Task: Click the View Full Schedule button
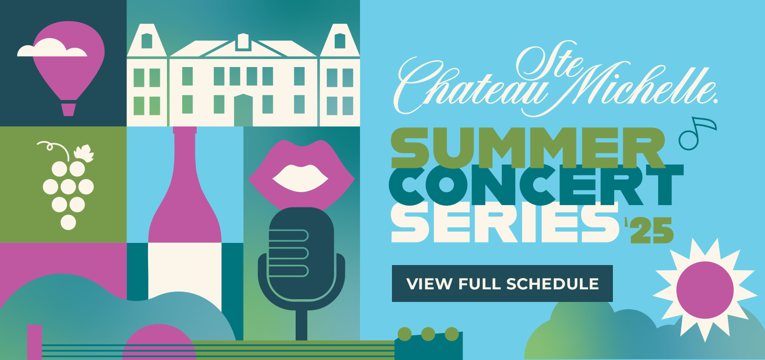[502, 283]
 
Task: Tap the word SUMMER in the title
[527, 147]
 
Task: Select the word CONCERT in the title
[535, 184]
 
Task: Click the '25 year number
[650, 230]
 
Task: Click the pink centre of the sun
[705, 290]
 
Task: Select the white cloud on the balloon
[51, 49]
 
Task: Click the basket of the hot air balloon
[68, 109]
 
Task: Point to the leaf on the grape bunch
[84, 153]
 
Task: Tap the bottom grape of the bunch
[68, 222]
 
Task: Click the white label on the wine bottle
[184, 270]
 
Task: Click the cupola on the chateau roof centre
[243, 41]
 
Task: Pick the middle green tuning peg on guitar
[428, 334]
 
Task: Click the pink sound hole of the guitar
[159, 344]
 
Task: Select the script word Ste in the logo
[547, 63]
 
